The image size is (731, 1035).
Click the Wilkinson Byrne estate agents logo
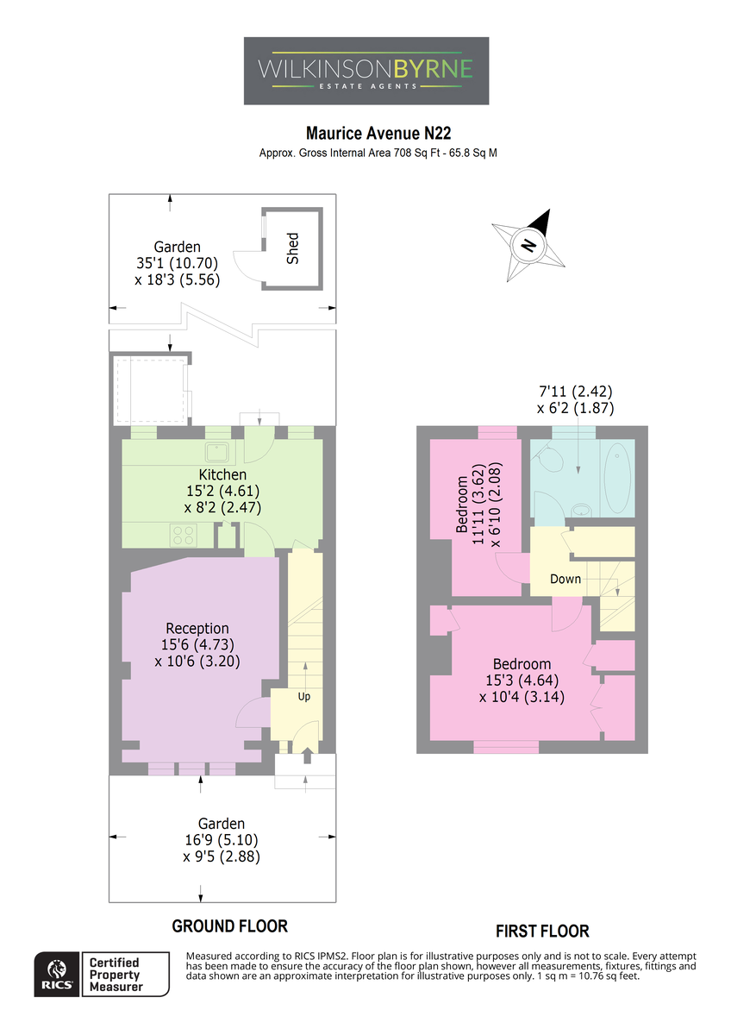[366, 71]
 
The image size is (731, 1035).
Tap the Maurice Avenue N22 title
[378, 133]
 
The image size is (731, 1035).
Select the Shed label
[293, 248]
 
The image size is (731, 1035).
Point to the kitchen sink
[217, 452]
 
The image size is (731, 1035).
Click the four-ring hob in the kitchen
[184, 535]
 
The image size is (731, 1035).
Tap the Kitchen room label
[222, 474]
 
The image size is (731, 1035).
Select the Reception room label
[197, 628]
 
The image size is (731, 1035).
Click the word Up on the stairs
[303, 696]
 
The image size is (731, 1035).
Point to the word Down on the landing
[565, 579]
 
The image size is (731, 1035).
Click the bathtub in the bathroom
[617, 478]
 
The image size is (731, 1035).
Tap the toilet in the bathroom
[548, 457]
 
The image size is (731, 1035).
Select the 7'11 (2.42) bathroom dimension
[576, 392]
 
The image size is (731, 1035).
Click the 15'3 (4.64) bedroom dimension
[522, 681]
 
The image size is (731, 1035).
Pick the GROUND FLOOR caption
[229, 926]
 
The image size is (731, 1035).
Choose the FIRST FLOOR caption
[542, 931]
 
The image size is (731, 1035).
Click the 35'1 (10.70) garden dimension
[177, 263]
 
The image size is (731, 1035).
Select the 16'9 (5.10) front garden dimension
[222, 839]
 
